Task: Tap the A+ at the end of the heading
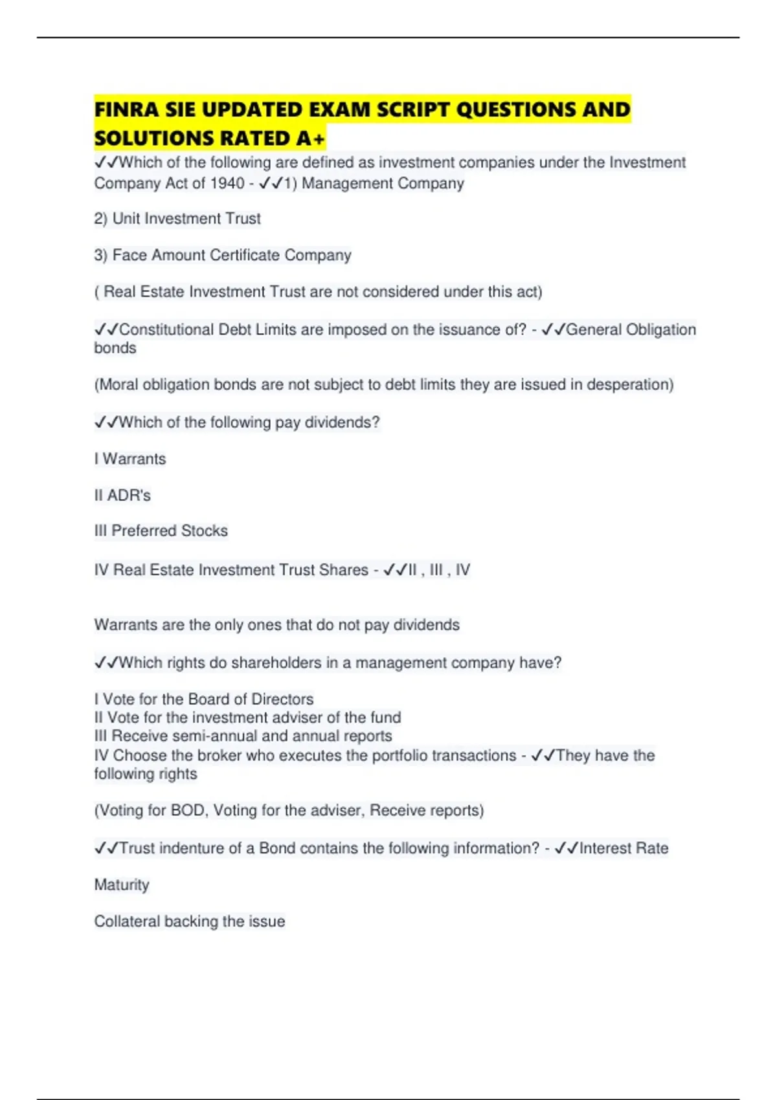(311, 138)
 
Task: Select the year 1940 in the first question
(227, 184)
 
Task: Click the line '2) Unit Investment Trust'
(177, 219)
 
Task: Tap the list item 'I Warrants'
(130, 459)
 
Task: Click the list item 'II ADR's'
(122, 495)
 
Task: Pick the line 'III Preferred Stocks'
(161, 531)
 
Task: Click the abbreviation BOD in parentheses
(187, 810)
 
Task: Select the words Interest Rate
(624, 848)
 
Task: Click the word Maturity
(122, 885)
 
